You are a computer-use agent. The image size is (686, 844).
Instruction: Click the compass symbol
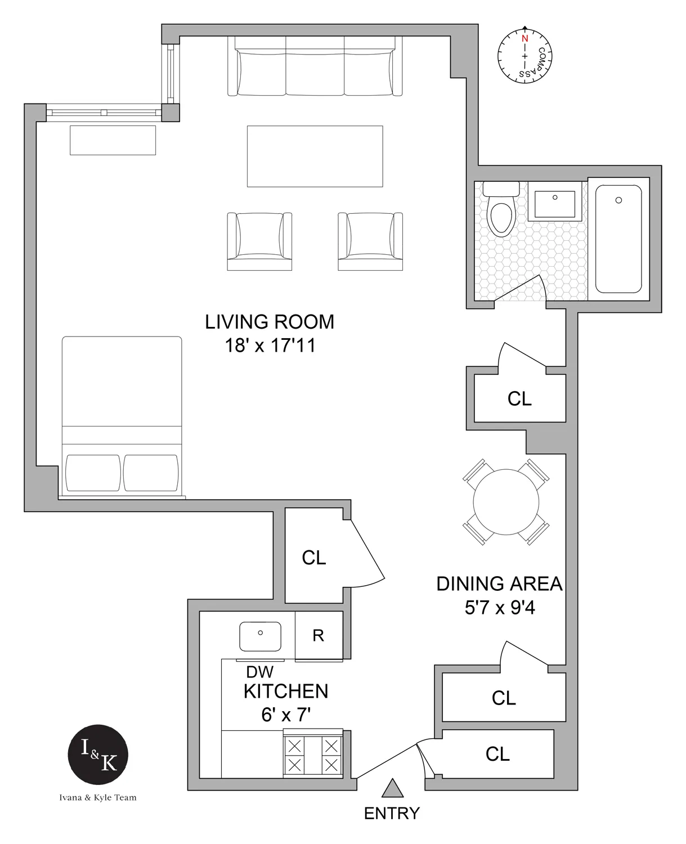tap(524, 55)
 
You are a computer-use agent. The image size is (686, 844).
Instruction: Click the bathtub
tap(618, 239)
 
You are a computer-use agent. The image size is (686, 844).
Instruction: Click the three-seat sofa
tap(315, 66)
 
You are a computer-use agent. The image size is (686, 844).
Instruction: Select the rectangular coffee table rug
tap(315, 156)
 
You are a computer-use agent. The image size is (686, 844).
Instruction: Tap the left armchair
tap(259, 241)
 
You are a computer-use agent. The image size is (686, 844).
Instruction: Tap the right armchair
tap(370, 241)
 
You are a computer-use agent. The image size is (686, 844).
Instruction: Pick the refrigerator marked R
tap(319, 635)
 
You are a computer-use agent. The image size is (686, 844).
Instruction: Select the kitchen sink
tap(260, 636)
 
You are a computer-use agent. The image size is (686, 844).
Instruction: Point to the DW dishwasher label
tap(260, 671)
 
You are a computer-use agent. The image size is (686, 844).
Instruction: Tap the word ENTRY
tap(392, 813)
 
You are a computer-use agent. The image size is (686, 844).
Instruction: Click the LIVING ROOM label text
tap(270, 322)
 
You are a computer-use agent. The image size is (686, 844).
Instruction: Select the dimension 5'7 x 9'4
tap(499, 608)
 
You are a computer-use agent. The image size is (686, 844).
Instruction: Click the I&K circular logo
tap(98, 755)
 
